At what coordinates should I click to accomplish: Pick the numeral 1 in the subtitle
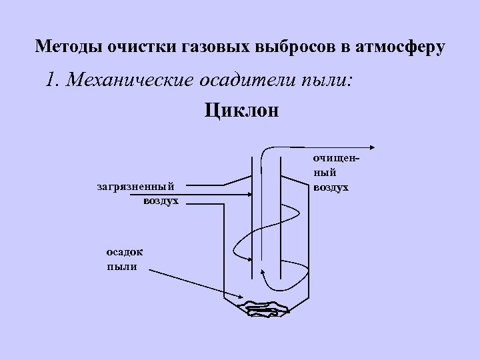point(51,81)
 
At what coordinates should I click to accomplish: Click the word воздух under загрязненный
point(160,200)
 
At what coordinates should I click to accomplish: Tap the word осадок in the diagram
point(123,253)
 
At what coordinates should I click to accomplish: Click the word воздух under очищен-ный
point(331,187)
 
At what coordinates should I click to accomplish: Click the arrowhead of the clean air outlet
point(373,148)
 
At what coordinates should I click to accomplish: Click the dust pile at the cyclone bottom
point(265,307)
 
